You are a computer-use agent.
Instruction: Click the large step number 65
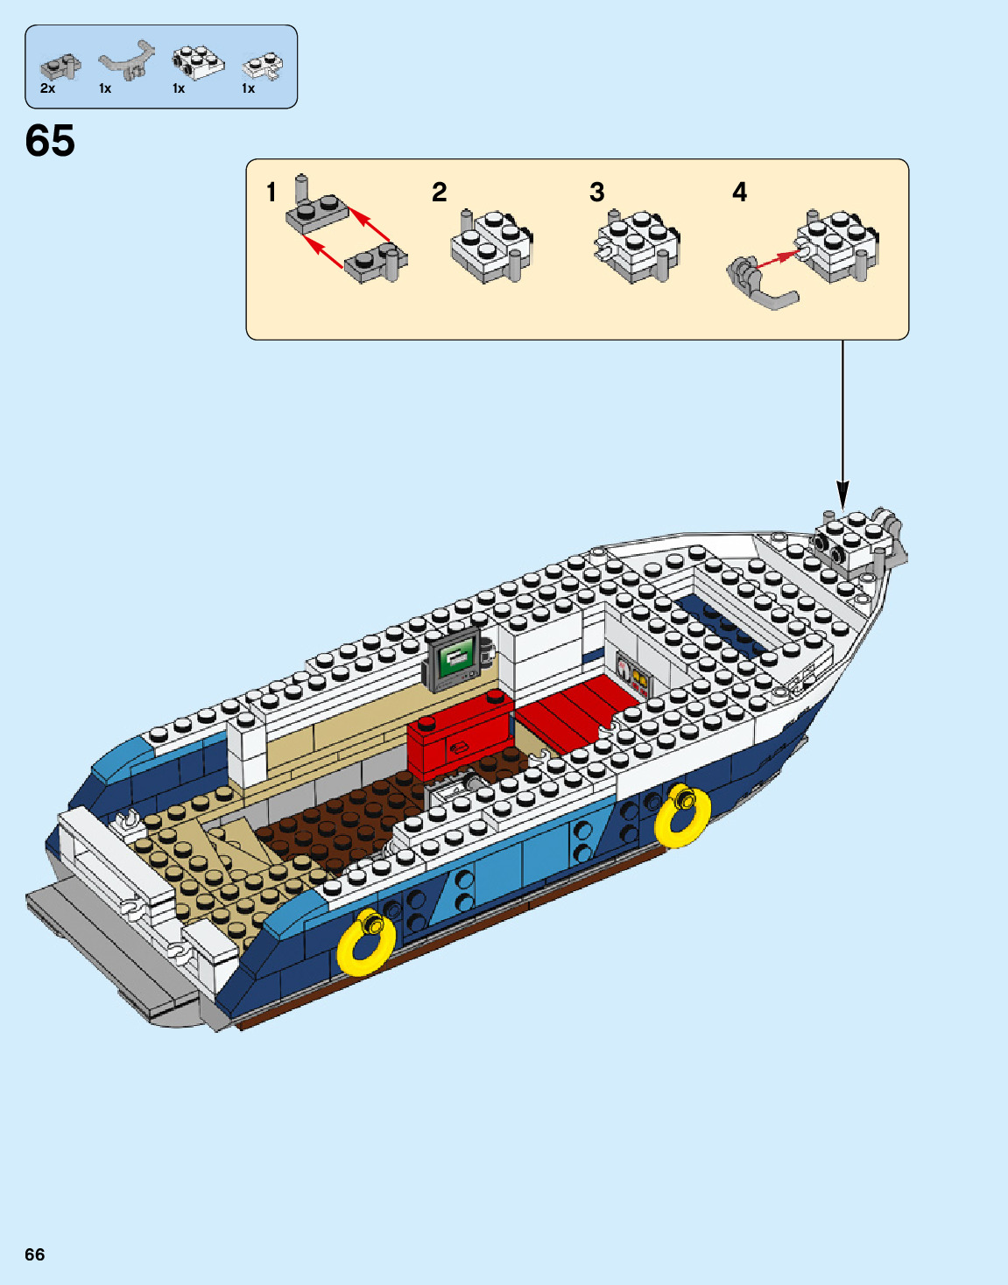point(50,141)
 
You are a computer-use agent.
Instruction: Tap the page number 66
point(35,1254)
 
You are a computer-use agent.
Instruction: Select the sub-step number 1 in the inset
point(271,192)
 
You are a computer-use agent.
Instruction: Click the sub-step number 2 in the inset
point(440,192)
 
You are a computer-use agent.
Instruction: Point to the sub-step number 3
point(597,192)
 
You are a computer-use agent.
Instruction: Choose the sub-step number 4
point(740,192)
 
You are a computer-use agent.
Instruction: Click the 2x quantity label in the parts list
point(47,88)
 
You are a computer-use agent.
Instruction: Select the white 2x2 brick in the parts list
point(198,63)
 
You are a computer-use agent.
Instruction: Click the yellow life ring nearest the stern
point(366,944)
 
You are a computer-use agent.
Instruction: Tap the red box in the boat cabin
point(458,738)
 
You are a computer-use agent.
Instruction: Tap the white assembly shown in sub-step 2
point(490,247)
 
